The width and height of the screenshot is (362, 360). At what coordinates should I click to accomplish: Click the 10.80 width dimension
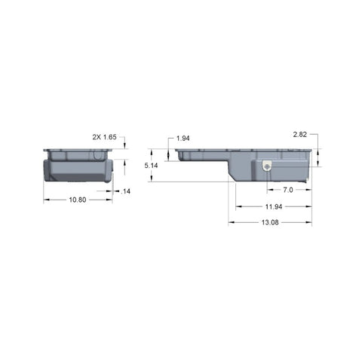pos(78,200)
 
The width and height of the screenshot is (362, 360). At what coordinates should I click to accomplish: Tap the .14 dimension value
pos(126,191)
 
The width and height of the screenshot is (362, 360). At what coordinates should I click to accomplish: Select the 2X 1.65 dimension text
pos(105,137)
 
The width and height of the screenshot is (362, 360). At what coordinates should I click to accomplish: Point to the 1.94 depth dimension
pos(183,139)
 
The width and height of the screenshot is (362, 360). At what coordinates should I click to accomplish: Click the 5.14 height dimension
pos(151,166)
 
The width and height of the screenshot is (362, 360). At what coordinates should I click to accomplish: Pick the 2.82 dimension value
pos(300,135)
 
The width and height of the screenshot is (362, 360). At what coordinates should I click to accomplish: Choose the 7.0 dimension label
pos(288,190)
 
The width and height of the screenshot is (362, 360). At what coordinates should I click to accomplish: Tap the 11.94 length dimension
pos(274,206)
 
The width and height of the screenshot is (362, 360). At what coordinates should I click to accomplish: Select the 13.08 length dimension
pos(270,222)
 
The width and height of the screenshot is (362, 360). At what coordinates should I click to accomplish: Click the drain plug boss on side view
pos(267,166)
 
